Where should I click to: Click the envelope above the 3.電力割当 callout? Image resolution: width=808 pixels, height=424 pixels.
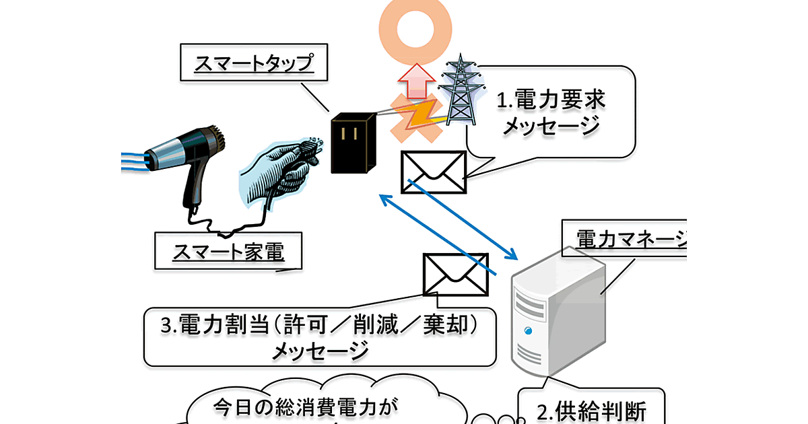pos(455,274)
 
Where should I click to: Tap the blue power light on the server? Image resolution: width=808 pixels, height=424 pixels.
pos(529,330)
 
